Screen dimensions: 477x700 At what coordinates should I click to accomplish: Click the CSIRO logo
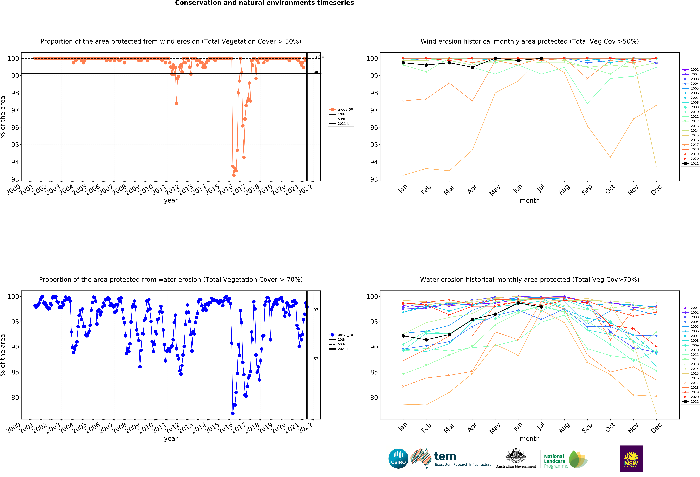pos(398,459)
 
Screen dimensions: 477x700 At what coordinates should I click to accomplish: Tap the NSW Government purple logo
pos(631,458)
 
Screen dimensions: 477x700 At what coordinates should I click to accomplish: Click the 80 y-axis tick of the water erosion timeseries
pos(15,397)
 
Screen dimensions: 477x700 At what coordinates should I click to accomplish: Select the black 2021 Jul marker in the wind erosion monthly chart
pos(541,58)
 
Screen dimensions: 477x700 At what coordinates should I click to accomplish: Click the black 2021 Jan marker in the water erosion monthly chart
pos(403,336)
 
